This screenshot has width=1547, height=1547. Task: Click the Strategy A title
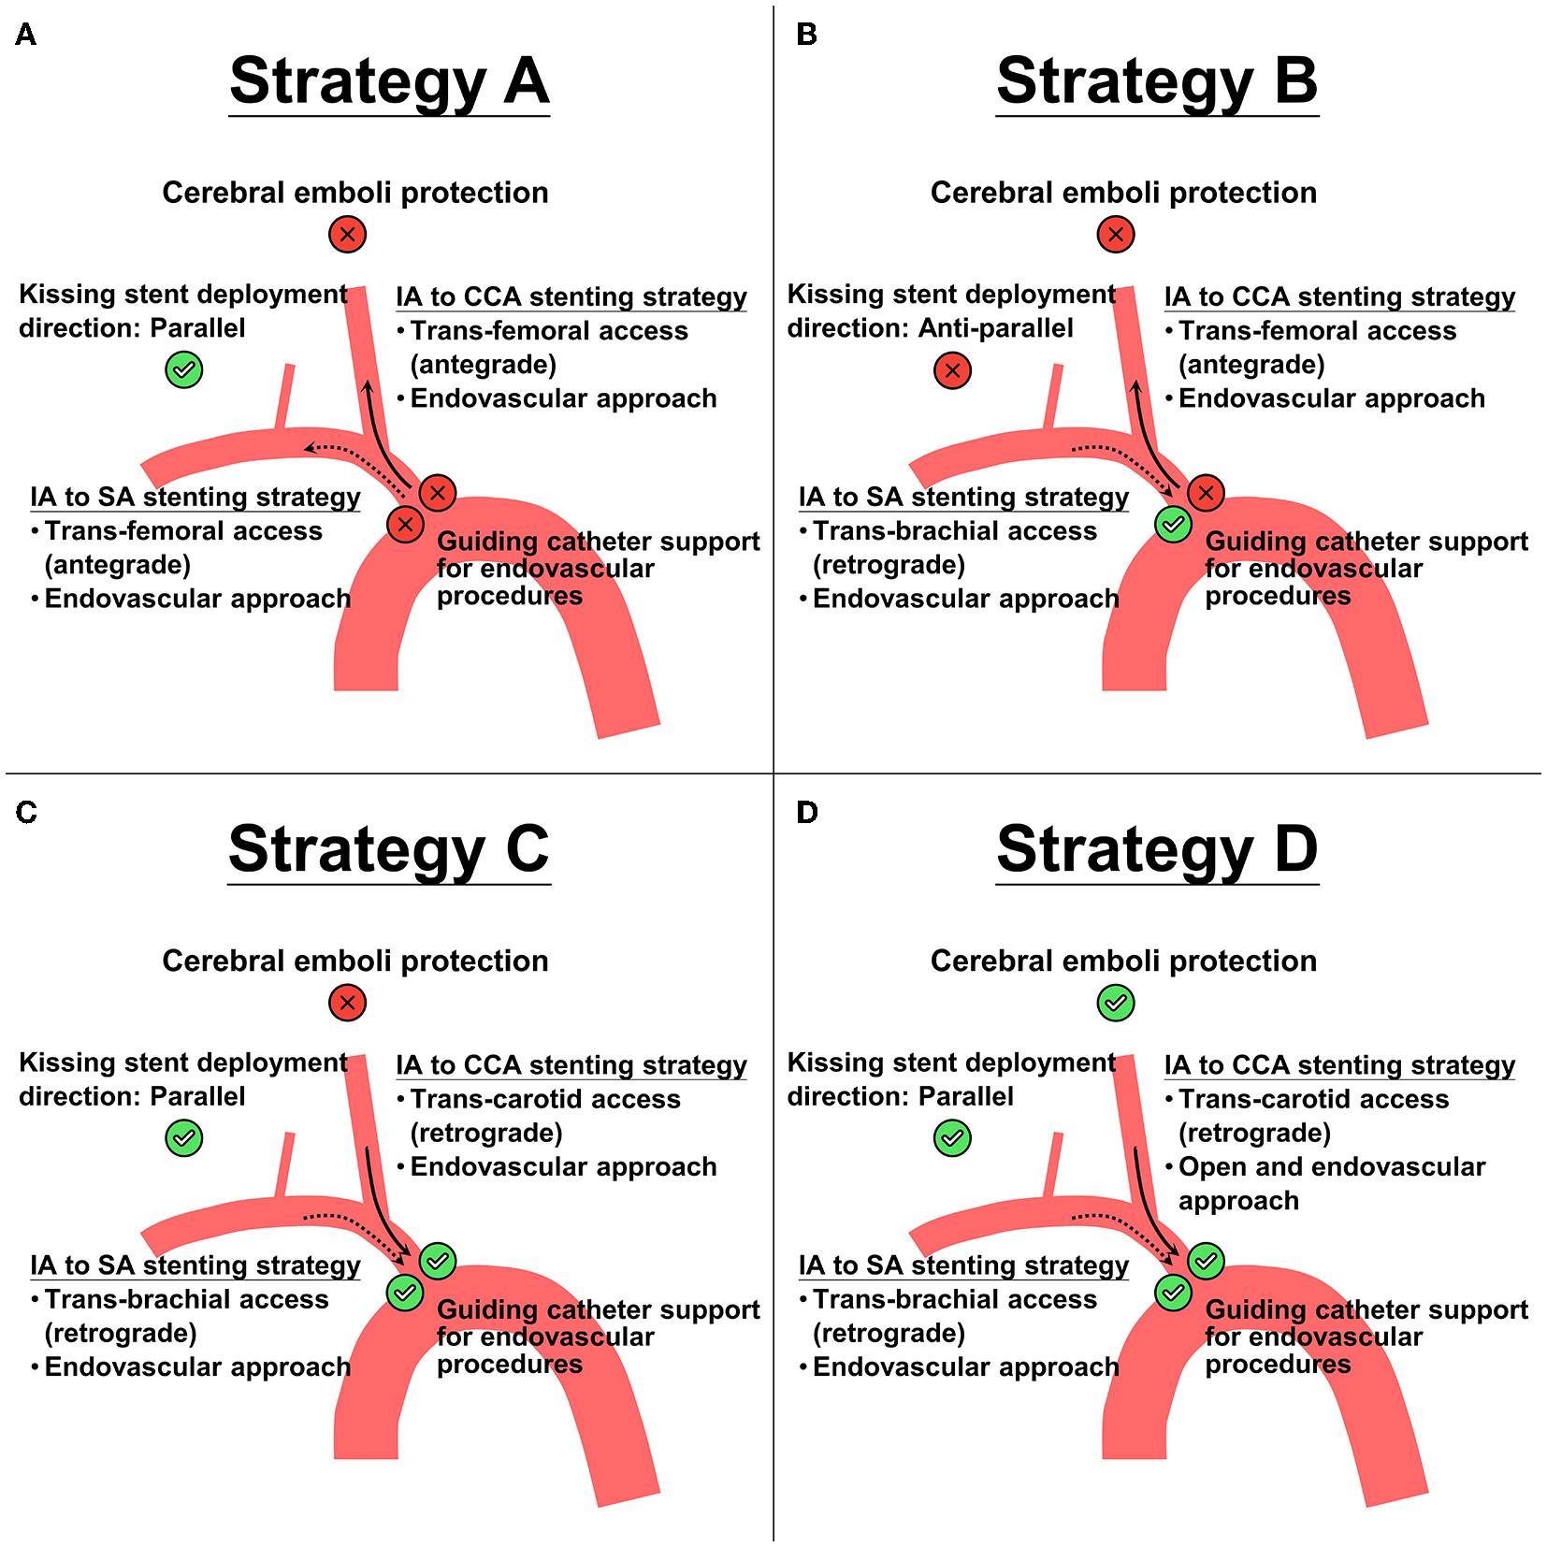(x=389, y=81)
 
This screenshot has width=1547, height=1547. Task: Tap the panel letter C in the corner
(x=26, y=812)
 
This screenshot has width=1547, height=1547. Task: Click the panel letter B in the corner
(x=806, y=35)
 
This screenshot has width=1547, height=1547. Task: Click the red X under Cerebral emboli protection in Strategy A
(x=347, y=234)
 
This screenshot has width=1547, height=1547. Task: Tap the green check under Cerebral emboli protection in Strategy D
(x=1115, y=1003)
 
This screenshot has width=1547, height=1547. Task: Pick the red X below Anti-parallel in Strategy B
(x=952, y=370)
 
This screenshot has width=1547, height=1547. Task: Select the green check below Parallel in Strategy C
(x=184, y=1138)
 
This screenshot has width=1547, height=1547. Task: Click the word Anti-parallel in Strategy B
(x=995, y=328)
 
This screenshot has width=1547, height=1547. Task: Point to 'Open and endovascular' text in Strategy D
(x=1331, y=1166)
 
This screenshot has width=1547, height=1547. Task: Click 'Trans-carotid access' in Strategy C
(x=545, y=1099)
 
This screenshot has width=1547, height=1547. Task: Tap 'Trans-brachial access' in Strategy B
(x=954, y=531)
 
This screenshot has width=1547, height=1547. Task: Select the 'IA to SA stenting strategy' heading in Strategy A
(x=195, y=497)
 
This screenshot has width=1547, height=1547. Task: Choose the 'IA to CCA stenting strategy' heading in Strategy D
(x=1339, y=1064)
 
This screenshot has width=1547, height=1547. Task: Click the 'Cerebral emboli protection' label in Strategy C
(x=355, y=961)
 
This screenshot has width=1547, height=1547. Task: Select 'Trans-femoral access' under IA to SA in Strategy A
(x=183, y=531)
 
